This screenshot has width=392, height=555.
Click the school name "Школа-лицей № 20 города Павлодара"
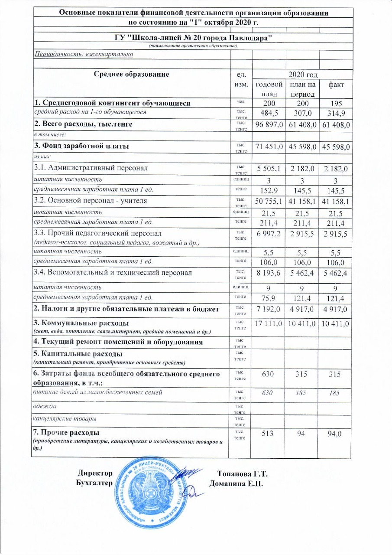(x=192, y=38)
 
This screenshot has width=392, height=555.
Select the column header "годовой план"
(x=268, y=89)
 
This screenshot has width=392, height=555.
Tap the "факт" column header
(x=335, y=85)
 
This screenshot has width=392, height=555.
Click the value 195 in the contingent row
(x=335, y=104)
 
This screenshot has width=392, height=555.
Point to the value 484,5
(x=268, y=114)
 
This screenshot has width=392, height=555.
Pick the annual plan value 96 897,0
(x=268, y=125)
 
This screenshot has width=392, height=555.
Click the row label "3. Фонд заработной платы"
(x=82, y=146)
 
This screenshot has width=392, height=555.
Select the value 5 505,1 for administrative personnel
(x=268, y=168)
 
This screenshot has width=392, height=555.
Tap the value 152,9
(x=268, y=189)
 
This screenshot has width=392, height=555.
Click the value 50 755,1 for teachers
(x=268, y=201)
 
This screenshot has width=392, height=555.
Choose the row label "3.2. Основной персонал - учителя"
(x=91, y=201)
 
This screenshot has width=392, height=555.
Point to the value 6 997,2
(x=268, y=234)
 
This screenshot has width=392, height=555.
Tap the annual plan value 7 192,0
(x=268, y=308)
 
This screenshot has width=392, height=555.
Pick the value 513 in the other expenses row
(x=268, y=433)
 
